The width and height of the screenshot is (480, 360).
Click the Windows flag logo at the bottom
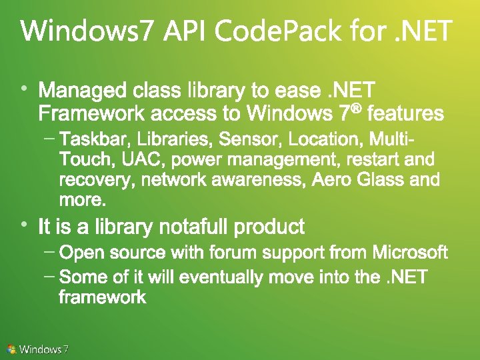[x=11, y=349]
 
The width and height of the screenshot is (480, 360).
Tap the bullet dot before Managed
[x=24, y=87]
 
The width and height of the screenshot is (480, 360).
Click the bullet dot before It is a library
[x=24, y=225]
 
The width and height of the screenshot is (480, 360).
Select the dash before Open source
[x=49, y=252]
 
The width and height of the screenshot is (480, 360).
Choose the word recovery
[x=87, y=180]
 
